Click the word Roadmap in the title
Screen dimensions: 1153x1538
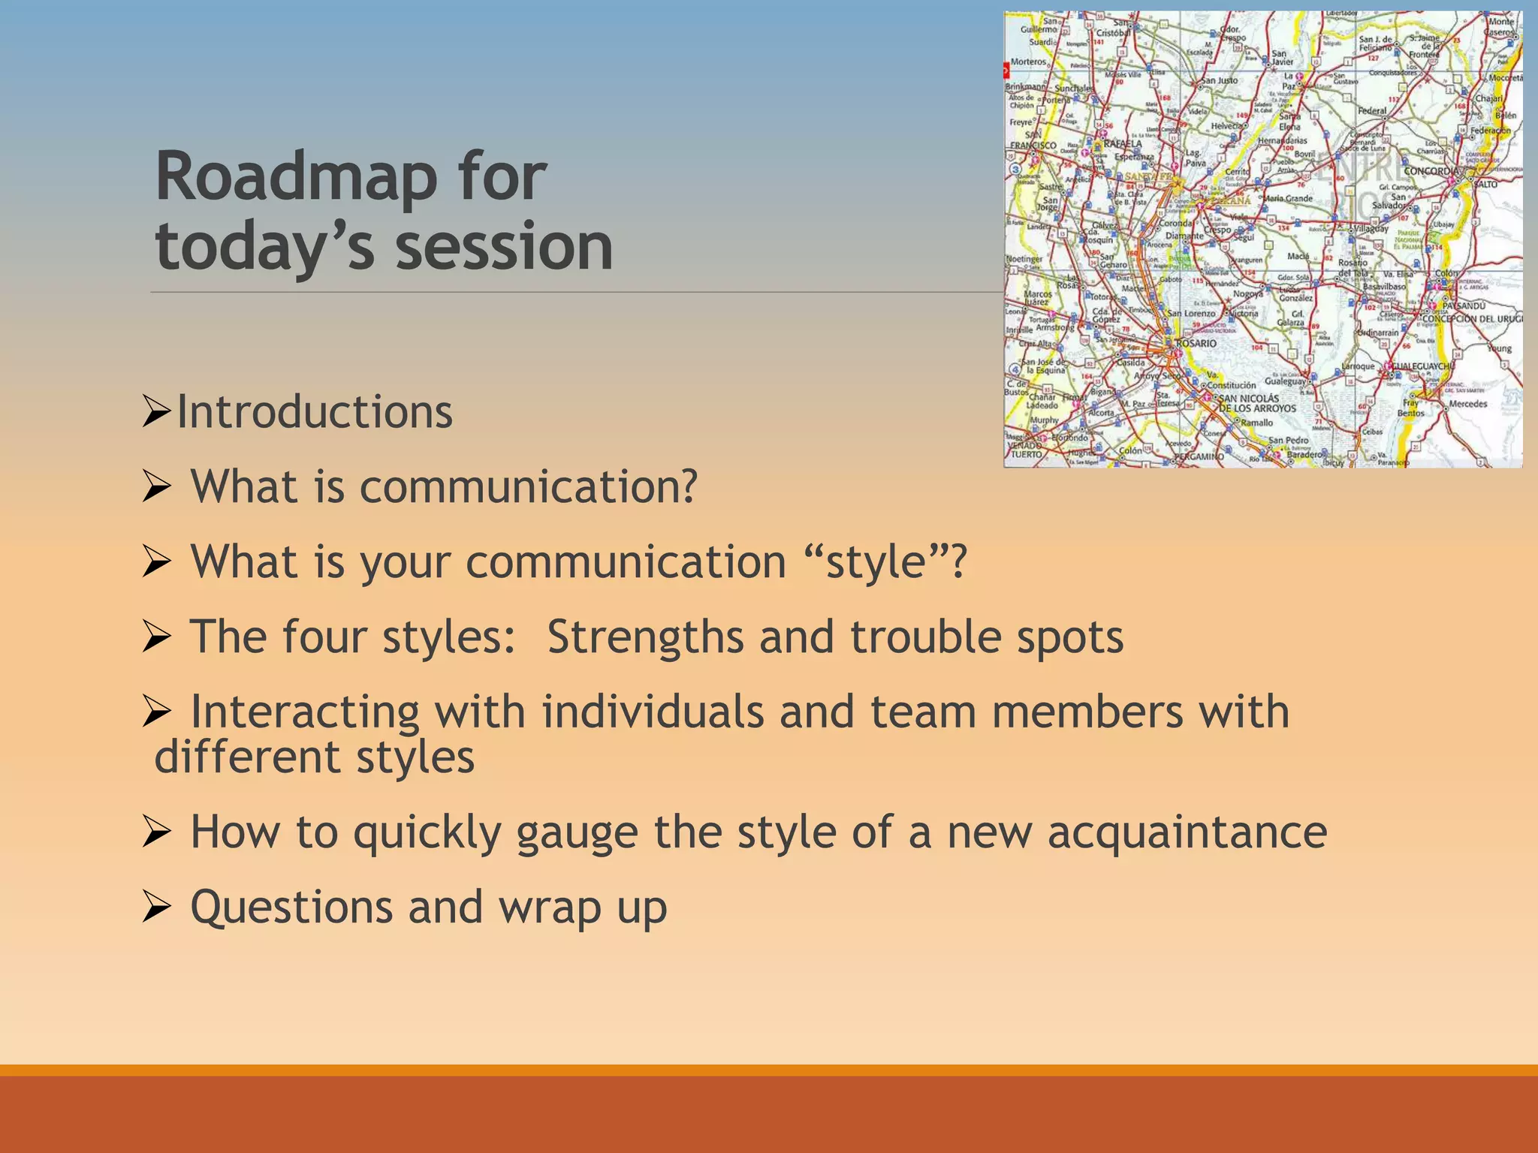click(x=296, y=178)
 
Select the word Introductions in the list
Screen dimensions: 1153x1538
click(x=315, y=412)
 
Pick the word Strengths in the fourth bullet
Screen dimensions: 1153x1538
click(x=644, y=637)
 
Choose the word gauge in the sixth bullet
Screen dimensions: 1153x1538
click(x=576, y=832)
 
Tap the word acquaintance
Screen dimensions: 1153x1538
click(x=1187, y=832)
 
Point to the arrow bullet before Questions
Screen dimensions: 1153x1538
click(x=156, y=909)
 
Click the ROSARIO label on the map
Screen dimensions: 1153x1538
click(x=1196, y=343)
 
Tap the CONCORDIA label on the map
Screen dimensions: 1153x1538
click(x=1431, y=171)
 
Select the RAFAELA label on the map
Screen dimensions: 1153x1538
click(x=1122, y=143)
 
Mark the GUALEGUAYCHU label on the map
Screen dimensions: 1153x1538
click(x=1423, y=366)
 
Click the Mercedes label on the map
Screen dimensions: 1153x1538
click(x=1468, y=404)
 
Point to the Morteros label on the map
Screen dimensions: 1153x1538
click(x=1028, y=62)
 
